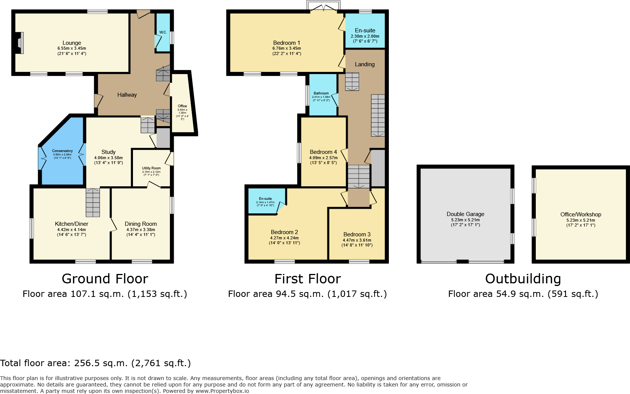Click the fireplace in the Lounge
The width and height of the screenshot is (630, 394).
(20, 43)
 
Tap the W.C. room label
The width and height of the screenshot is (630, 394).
(163, 32)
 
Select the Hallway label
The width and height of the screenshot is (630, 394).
(127, 95)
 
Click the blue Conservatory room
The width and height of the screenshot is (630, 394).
(62, 166)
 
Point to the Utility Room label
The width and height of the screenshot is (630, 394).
(151, 168)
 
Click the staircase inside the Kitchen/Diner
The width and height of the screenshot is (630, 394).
(93, 202)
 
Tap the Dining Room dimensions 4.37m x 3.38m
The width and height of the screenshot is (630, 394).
(141, 230)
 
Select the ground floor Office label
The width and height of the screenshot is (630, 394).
(182, 106)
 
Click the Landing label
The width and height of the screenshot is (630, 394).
(365, 64)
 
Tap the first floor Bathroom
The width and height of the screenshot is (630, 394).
(321, 94)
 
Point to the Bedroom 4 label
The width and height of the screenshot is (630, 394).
(323, 152)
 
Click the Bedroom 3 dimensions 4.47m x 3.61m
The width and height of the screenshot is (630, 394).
(357, 240)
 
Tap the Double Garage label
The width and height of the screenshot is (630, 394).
(465, 214)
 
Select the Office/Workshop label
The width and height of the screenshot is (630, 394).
(581, 214)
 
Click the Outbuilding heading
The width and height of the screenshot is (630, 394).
(523, 279)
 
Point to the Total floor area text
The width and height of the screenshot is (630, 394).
(95, 363)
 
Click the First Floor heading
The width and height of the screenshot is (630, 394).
(307, 279)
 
